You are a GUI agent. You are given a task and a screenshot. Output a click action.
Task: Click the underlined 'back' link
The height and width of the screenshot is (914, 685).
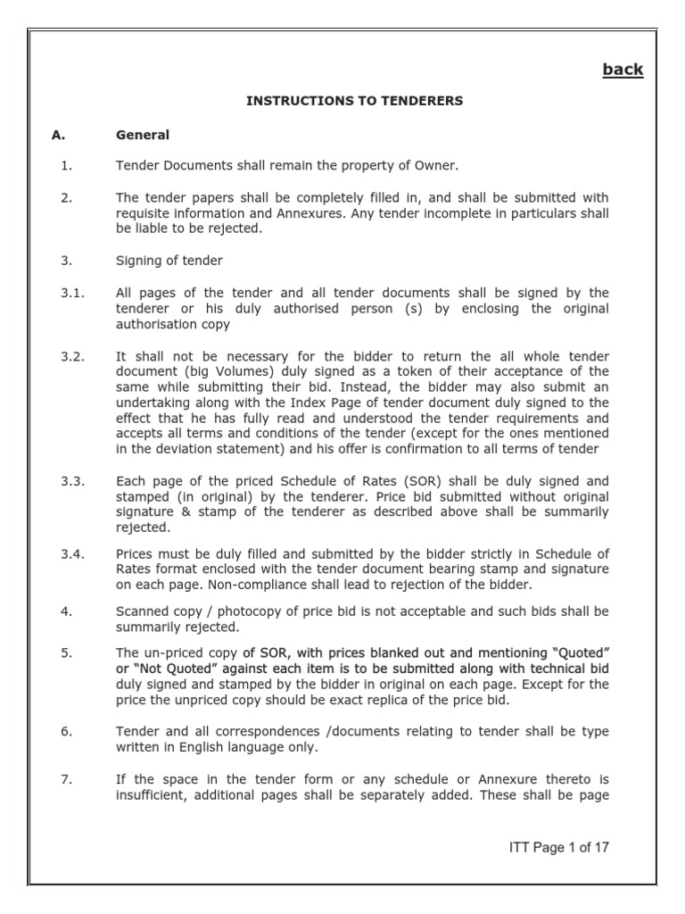(x=623, y=70)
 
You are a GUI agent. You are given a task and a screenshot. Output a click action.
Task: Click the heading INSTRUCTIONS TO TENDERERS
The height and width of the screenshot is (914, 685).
(x=355, y=101)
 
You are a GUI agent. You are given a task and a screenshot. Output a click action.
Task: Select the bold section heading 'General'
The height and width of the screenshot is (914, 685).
(x=143, y=136)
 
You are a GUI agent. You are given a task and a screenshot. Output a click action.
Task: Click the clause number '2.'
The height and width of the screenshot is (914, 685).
(x=67, y=197)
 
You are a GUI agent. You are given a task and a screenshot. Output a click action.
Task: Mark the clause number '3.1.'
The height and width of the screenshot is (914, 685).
(x=72, y=292)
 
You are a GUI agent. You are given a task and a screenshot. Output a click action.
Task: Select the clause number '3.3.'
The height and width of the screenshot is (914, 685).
(x=72, y=481)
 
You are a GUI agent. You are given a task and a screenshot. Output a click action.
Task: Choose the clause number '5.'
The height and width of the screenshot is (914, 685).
(x=67, y=652)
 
